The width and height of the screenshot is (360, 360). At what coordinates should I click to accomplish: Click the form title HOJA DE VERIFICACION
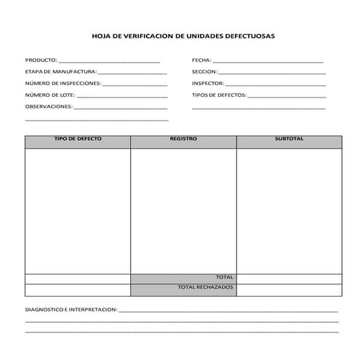pos(183,35)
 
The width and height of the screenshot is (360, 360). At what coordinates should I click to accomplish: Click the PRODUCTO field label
pos(40,60)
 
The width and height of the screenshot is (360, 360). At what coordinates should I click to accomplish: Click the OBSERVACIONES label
pos(49,107)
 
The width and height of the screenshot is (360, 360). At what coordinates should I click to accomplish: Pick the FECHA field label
pos(201,60)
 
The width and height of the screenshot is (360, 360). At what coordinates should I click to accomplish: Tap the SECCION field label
pos(204,72)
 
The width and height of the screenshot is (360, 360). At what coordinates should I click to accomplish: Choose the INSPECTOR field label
pos(208,84)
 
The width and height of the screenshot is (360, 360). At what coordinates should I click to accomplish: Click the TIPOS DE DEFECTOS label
pos(219,95)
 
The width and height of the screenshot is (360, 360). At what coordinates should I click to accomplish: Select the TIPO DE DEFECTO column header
pos(78,138)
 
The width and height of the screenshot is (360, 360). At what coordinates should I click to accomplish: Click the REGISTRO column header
pos(183,138)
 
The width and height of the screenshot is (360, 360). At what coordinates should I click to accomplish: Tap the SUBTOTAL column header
pos(289,138)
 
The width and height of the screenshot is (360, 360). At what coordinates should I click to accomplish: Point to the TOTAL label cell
pos(224,278)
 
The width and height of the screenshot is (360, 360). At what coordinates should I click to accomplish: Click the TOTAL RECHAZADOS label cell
pos(205,288)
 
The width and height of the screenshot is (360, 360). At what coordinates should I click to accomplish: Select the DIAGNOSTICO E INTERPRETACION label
pos(71,309)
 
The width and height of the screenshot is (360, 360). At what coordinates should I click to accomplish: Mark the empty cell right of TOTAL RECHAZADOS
pos(289,289)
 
